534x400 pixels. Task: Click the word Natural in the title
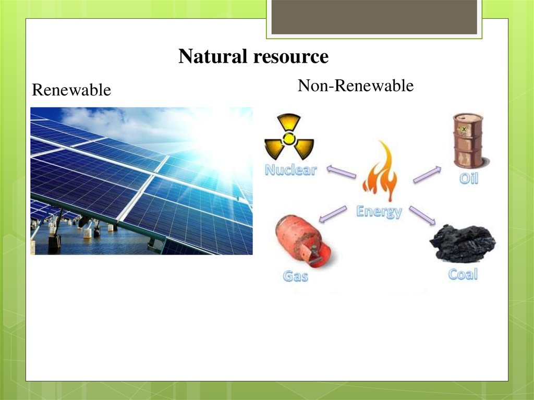click(213, 56)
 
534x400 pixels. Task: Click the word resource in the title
click(291, 57)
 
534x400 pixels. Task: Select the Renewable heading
click(71, 90)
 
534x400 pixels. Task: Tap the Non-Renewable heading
click(356, 85)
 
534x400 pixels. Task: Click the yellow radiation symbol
click(289, 137)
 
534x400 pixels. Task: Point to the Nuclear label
click(291, 169)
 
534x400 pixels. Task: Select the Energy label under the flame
click(379, 212)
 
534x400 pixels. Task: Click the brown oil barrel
click(469, 141)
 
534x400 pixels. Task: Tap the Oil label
click(469, 178)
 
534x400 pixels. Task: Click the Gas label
click(296, 276)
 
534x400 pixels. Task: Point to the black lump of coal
click(463, 243)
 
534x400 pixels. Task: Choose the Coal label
click(463, 274)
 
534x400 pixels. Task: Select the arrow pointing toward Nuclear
click(341, 172)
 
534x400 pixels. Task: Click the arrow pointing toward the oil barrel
click(427, 175)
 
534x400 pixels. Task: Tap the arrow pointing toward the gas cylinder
click(333, 214)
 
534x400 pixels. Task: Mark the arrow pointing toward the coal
click(422, 215)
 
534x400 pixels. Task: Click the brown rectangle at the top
click(374, 17)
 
